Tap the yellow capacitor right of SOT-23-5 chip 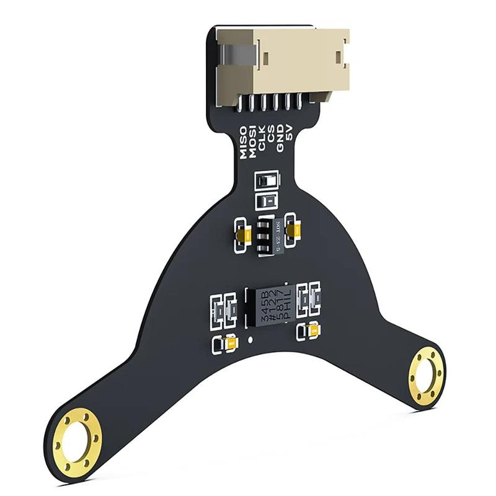point(294,230)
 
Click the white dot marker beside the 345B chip point(249,340)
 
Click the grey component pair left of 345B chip point(224,309)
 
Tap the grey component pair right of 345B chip point(309,298)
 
